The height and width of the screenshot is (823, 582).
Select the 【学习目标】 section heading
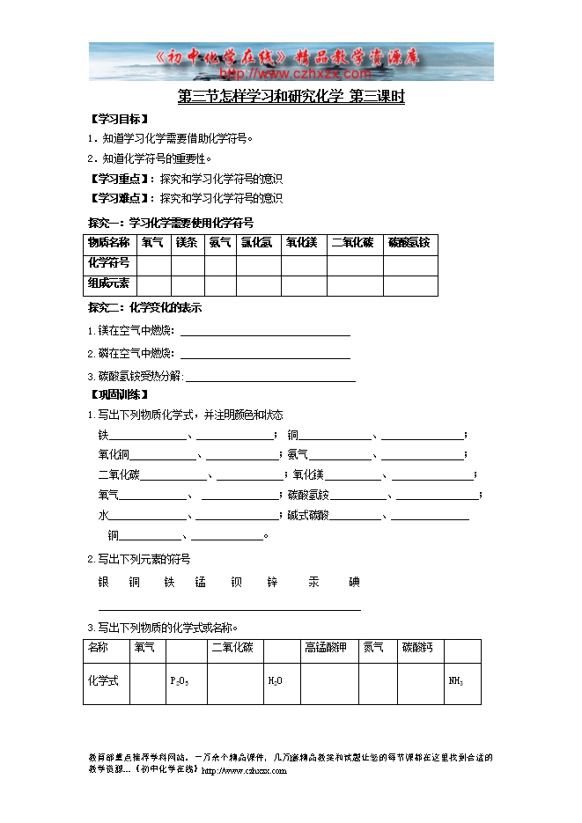119,119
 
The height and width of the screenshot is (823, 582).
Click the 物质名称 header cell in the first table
109,243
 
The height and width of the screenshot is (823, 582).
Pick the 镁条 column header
187,243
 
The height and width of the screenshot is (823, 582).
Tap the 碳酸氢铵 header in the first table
409,243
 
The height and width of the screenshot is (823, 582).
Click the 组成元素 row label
109,283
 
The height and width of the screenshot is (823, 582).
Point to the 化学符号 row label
109,263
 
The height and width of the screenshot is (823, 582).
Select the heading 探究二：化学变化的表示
145,308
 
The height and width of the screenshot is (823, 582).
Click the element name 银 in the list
104,582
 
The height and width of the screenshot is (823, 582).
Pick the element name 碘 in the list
354,582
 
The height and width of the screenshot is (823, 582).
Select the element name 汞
313,582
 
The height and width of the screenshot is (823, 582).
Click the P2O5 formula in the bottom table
179,681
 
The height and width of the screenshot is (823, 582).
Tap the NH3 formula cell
456,681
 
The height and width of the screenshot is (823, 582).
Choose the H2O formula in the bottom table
275,681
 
